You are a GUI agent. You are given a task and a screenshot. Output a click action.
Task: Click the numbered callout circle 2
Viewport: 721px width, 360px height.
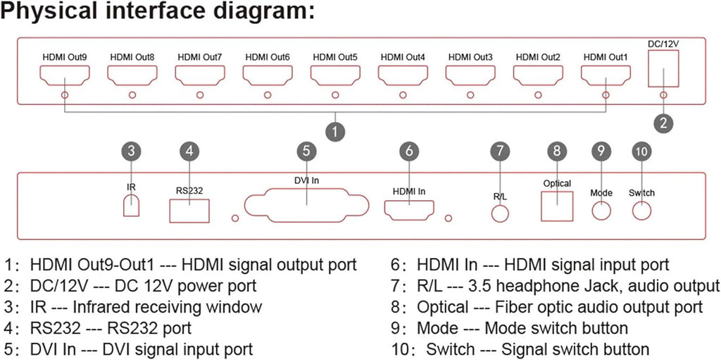663,123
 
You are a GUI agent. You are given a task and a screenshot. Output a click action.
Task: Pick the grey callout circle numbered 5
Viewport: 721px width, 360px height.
307,151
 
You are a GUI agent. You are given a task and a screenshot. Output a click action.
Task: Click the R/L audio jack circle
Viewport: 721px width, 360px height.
501,205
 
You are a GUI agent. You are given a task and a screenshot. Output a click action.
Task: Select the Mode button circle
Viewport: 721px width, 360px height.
601,201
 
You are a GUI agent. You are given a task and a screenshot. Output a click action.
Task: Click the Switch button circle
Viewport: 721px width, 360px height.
641,201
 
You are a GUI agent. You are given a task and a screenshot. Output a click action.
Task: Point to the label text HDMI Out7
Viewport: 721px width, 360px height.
199,58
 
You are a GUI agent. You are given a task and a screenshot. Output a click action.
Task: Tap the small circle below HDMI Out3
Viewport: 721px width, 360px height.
470,95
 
